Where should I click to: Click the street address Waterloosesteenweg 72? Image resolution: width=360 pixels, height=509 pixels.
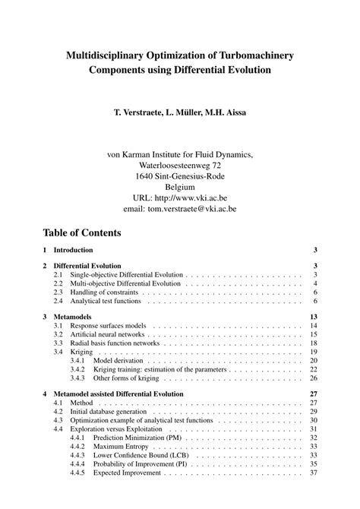180,164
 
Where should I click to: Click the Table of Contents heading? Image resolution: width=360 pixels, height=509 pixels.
81,232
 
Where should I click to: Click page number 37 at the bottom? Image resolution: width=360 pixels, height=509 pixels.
313,473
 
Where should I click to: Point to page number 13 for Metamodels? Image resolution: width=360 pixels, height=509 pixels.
313,315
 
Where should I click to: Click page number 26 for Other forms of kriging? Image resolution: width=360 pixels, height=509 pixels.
313,378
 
